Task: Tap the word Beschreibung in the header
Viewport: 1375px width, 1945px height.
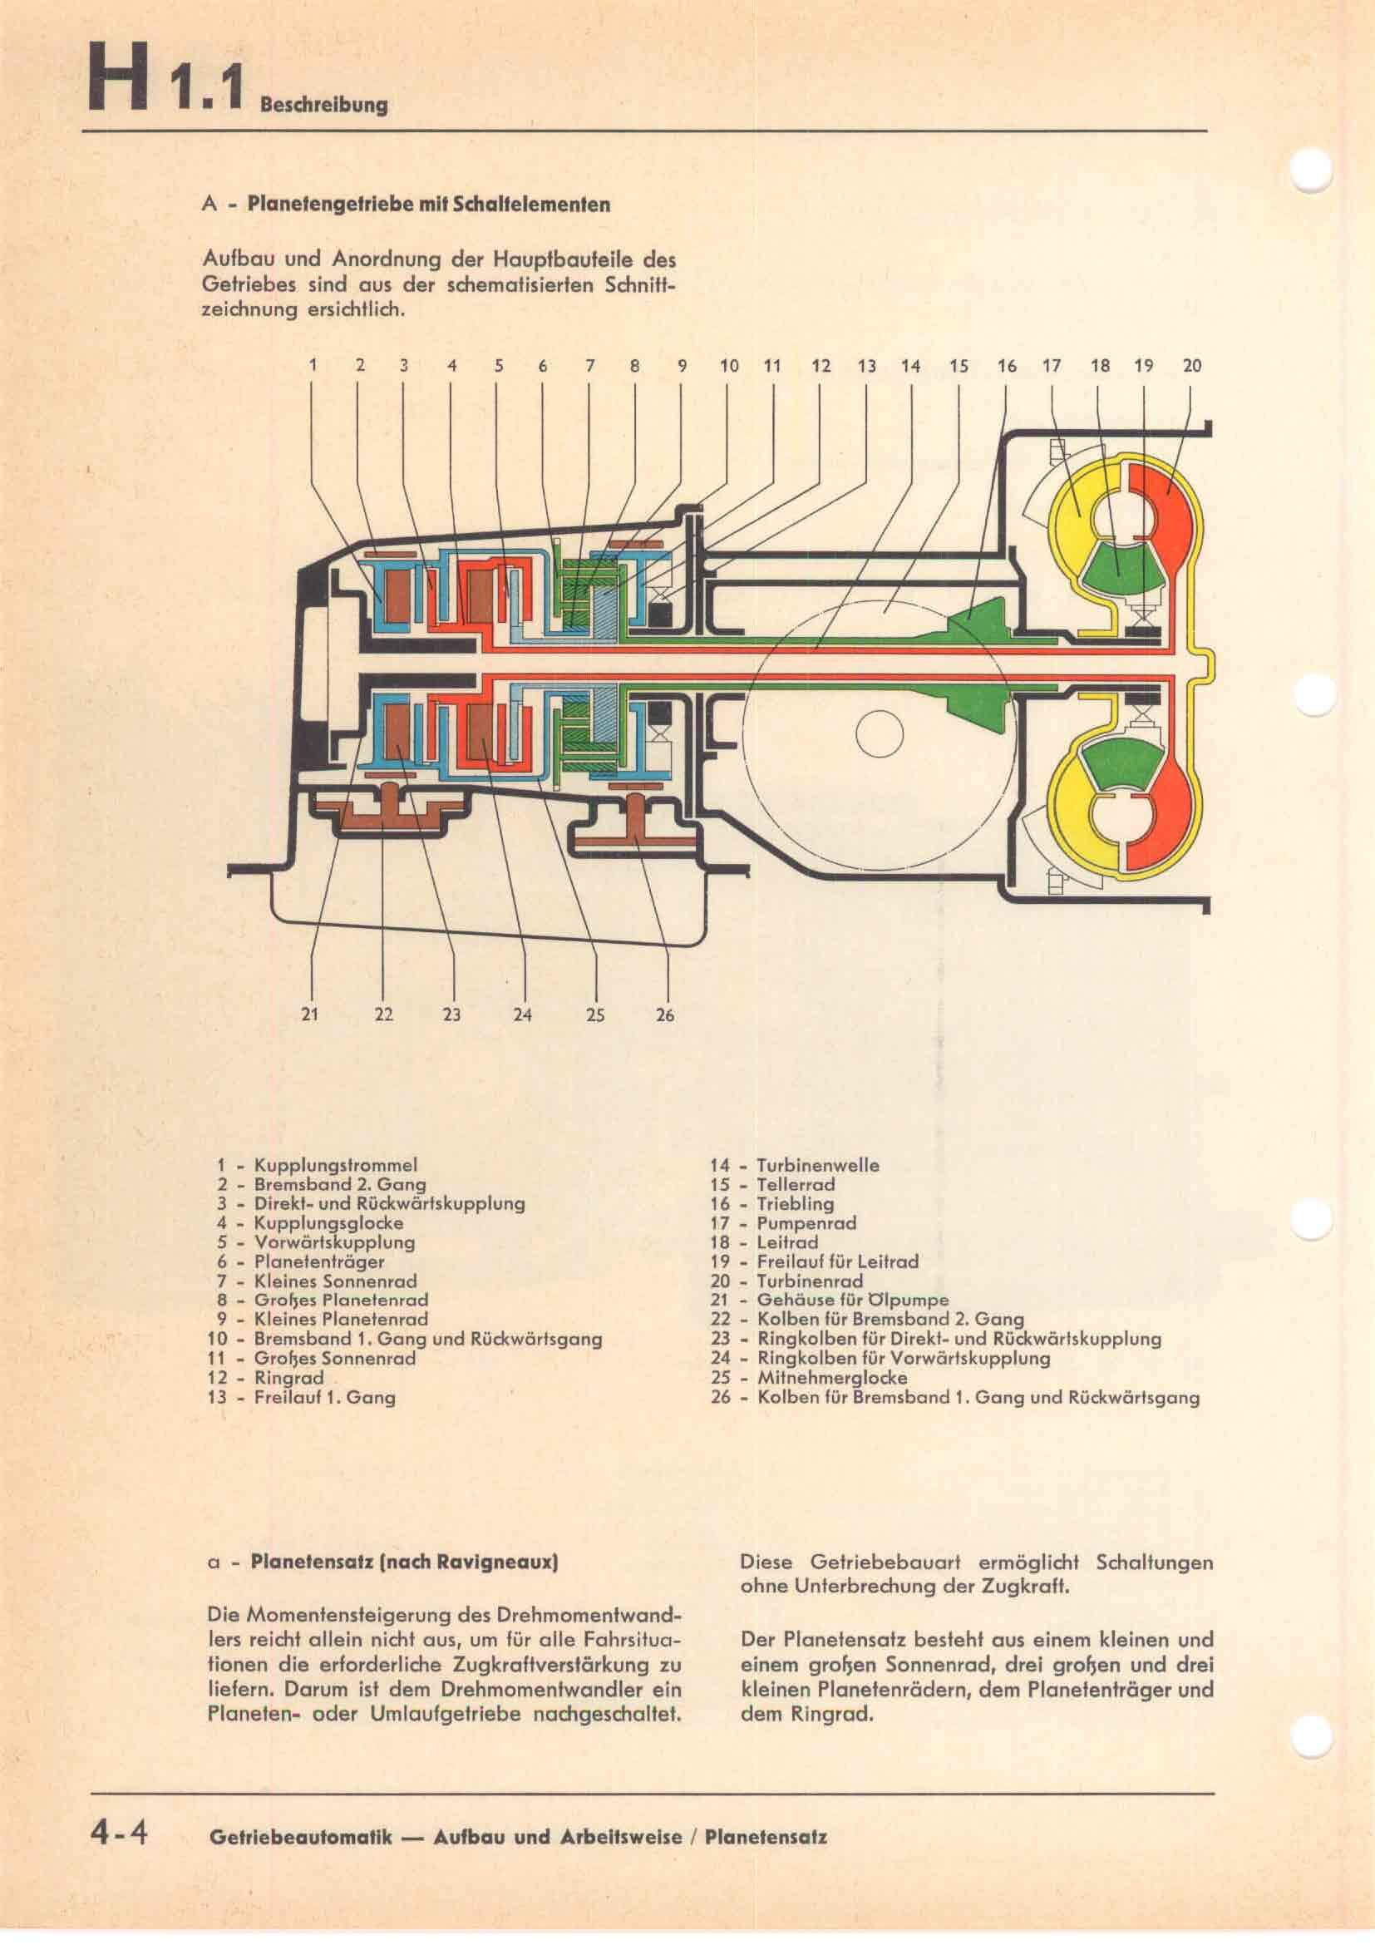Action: click(324, 105)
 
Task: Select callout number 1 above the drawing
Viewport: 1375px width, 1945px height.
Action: click(313, 366)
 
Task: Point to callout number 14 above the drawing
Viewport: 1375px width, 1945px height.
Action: click(910, 366)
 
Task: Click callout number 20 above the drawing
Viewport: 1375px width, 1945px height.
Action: click(1191, 366)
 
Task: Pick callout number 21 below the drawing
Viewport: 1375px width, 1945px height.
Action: click(310, 1014)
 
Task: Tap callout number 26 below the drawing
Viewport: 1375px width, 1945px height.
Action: click(666, 1014)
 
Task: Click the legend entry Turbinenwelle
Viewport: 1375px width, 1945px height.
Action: click(817, 1165)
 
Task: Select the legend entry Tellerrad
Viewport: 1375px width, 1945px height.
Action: click(795, 1184)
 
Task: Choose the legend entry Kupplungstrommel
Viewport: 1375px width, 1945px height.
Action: click(335, 1165)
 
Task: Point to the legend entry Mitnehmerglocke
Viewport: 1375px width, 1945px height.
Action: click(831, 1377)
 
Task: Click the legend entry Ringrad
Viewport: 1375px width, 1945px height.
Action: click(288, 1377)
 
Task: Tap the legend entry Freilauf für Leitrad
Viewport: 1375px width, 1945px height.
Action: click(836, 1261)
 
